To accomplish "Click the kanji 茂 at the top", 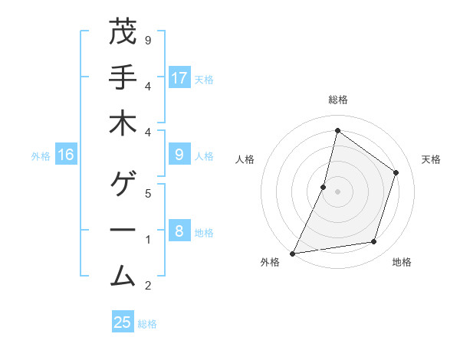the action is pyautogui.click(x=123, y=33).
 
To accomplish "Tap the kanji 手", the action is pyautogui.click(x=123, y=78).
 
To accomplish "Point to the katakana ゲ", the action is pyautogui.click(x=123, y=185).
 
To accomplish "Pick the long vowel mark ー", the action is pyautogui.click(x=123, y=231).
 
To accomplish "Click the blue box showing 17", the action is pyautogui.click(x=179, y=78).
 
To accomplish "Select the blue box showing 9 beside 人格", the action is pyautogui.click(x=179, y=155).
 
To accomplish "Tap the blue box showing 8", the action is pyautogui.click(x=179, y=231).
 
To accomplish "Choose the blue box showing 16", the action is pyautogui.click(x=66, y=155).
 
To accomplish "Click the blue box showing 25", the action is pyautogui.click(x=123, y=322).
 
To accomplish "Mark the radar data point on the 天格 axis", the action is pyautogui.click(x=396, y=172).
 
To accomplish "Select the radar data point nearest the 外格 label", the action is pyautogui.click(x=292, y=253).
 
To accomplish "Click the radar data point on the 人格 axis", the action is pyautogui.click(x=324, y=187).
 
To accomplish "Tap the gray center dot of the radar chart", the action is pyautogui.click(x=337, y=191).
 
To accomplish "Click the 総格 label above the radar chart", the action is pyautogui.click(x=337, y=100).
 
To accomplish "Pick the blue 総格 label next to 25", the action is pyautogui.click(x=148, y=324).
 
